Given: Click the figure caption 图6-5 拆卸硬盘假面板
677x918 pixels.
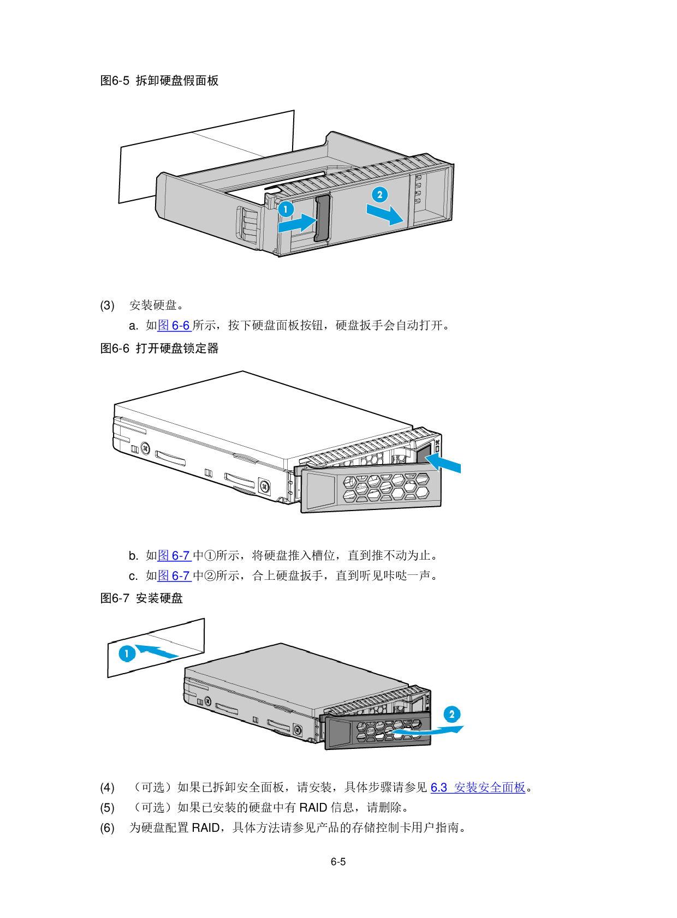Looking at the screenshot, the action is pyautogui.click(x=159, y=80).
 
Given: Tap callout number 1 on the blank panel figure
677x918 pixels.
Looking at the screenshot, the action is pyautogui.click(x=286, y=209).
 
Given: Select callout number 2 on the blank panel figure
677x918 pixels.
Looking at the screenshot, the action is pyautogui.click(x=379, y=194).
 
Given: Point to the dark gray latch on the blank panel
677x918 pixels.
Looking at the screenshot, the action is pyautogui.click(x=322, y=218).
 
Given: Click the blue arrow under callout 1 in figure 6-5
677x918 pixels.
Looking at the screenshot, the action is pyautogui.click(x=298, y=223).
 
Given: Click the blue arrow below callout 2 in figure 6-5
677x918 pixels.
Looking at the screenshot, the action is pyautogui.click(x=385, y=214).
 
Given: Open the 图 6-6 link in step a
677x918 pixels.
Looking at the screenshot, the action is pyautogui.click(x=174, y=326).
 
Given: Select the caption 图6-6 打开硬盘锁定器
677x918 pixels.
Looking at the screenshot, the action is pyautogui.click(x=159, y=349).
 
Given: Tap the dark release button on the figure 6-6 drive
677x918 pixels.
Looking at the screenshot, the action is pyautogui.click(x=425, y=453).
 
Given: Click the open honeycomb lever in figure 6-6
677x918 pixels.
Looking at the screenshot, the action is pyautogui.click(x=371, y=489).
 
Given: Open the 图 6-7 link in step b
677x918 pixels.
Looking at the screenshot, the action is pyautogui.click(x=174, y=556).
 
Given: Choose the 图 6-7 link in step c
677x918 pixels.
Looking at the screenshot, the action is pyautogui.click(x=174, y=576).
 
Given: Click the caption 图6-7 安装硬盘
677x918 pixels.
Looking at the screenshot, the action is pyautogui.click(x=141, y=598).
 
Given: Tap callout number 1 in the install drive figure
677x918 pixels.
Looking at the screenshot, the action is pyautogui.click(x=127, y=653).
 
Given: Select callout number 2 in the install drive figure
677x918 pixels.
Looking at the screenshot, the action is pyautogui.click(x=452, y=715).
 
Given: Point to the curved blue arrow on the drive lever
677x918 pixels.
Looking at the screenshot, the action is pyautogui.click(x=427, y=731).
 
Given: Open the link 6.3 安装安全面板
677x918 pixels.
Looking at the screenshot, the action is pyautogui.click(x=478, y=788).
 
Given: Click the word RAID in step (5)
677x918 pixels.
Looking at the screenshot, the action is pyautogui.click(x=313, y=808).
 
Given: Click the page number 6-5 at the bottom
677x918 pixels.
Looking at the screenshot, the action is pyautogui.click(x=338, y=862).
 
